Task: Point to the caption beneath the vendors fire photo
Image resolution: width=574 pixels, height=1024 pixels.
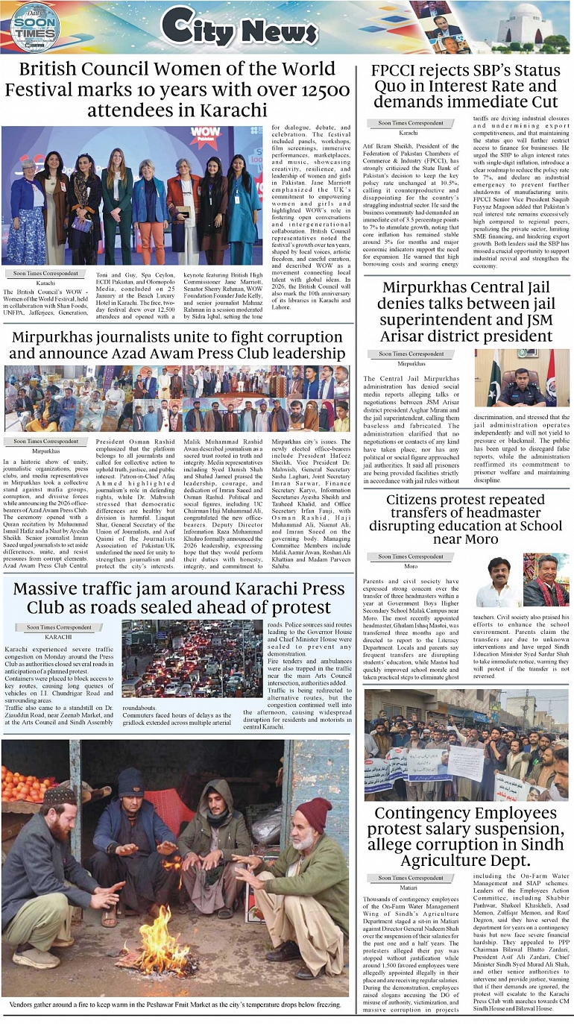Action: (175, 1005)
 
